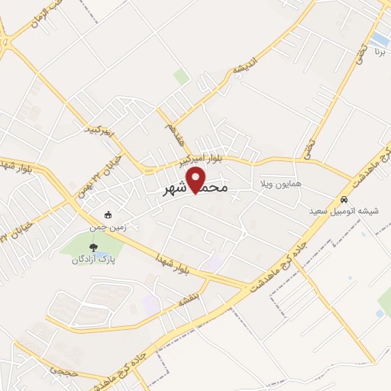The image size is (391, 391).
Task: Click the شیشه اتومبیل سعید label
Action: click(x=340, y=210)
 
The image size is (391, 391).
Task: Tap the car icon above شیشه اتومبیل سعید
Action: click(x=343, y=199)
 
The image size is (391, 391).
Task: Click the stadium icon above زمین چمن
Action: click(x=108, y=215)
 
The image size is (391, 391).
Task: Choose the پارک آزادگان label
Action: click(x=94, y=260)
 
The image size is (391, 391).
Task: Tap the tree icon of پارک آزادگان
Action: click(x=93, y=247)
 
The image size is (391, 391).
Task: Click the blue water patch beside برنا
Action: click(x=379, y=37)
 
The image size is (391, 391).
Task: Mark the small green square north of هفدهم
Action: click(x=180, y=76)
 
